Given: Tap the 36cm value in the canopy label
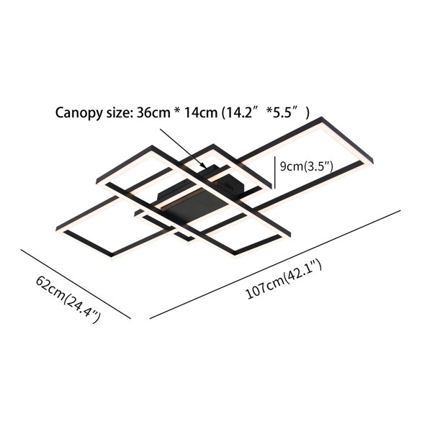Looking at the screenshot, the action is tap(153, 112).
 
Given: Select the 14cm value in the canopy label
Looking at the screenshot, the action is tap(201, 112).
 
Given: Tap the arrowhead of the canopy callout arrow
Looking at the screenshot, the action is tap(204, 166).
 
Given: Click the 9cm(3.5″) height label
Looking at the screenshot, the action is tap(307, 167).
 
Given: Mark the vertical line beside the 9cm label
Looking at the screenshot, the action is tap(275, 173).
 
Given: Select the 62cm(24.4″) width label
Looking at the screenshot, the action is tap(68, 300).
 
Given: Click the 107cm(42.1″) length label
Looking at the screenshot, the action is tap(284, 279).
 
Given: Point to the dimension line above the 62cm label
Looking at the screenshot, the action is tap(76, 284).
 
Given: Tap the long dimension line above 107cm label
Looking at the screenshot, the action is tap(275, 264).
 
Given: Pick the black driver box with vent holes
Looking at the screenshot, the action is tap(229, 184).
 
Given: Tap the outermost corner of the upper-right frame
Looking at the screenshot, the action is tap(321, 117).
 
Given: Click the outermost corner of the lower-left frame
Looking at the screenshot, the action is tap(56, 229).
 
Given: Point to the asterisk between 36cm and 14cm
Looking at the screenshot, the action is tap(177, 112).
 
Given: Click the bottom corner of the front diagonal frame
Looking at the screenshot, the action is tap(234, 255).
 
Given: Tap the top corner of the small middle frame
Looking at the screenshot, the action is tap(212, 145).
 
